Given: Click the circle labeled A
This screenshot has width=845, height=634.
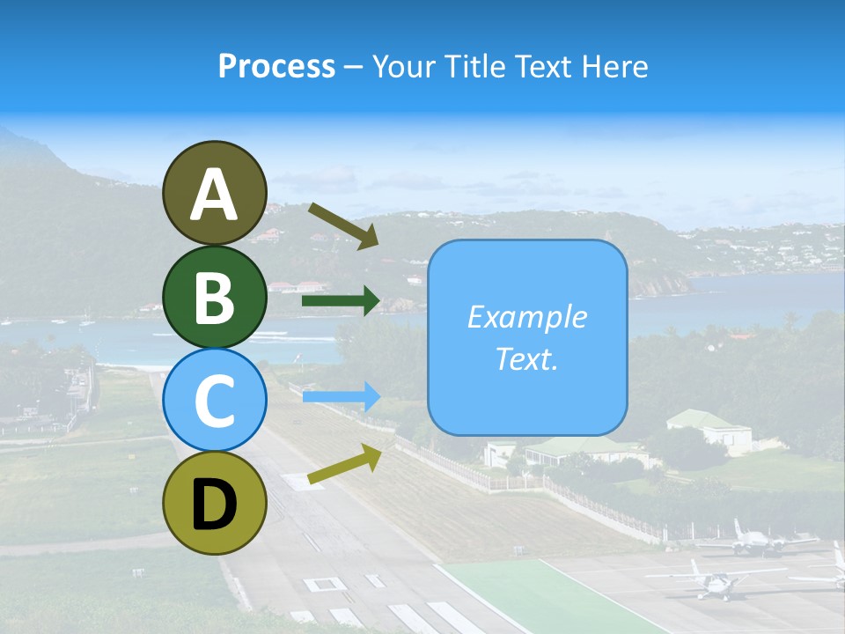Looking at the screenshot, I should tap(214, 194).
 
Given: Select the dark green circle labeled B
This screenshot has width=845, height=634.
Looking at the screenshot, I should tap(214, 298).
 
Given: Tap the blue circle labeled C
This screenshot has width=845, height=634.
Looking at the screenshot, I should tap(214, 401).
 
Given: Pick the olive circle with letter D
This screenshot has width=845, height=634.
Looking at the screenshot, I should tap(214, 504).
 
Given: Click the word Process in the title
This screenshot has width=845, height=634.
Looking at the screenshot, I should tap(276, 66).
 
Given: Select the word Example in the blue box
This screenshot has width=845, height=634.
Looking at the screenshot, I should tap(526, 317).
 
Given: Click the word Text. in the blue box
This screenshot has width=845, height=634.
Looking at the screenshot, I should tap(526, 359).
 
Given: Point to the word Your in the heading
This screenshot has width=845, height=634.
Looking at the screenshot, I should tap(404, 66).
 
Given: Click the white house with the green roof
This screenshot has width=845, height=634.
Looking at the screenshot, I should tap(709, 430).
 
